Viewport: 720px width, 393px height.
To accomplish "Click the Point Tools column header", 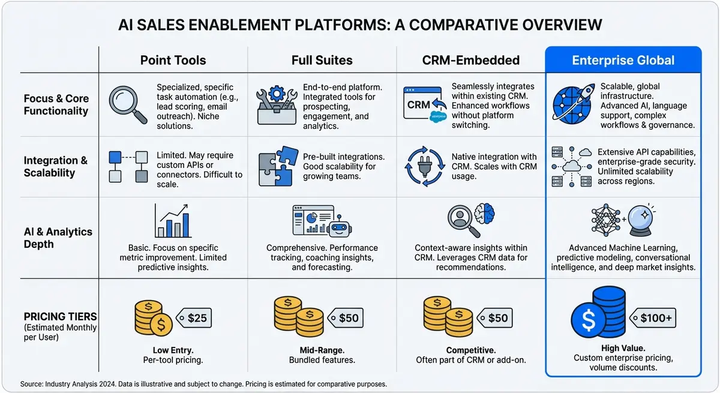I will [173, 60].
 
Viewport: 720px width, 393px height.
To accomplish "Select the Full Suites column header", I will [322, 60].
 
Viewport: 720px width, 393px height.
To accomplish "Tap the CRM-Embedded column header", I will [470, 60].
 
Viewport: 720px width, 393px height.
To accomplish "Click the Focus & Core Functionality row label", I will [56, 104].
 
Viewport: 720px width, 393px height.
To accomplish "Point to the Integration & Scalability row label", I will [55, 167].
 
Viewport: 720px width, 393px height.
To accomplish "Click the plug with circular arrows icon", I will [425, 167].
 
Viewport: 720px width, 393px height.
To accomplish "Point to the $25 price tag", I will [193, 317].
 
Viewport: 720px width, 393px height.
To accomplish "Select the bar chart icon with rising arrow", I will [173, 220].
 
